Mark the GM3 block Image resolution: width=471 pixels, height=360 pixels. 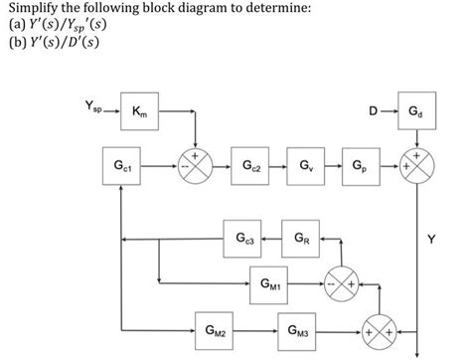299,329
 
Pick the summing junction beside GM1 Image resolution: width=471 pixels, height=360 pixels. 339,283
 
